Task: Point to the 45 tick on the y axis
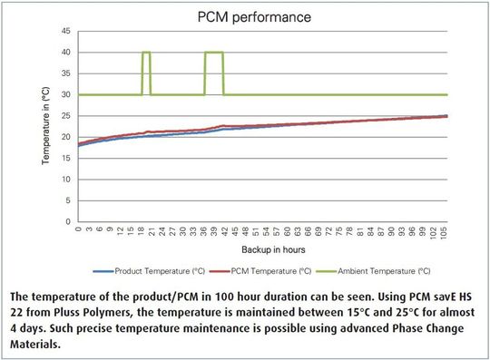pyautogui.click(x=66, y=32)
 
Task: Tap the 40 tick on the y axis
pyautogui.click(x=66, y=53)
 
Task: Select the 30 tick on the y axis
pyautogui.click(x=66, y=94)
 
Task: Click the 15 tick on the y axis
pyautogui.click(x=66, y=158)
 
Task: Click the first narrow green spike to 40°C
pyautogui.click(x=146, y=53)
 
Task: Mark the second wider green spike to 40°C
pyautogui.click(x=213, y=53)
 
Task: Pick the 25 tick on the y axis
pyautogui.click(x=66, y=115)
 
